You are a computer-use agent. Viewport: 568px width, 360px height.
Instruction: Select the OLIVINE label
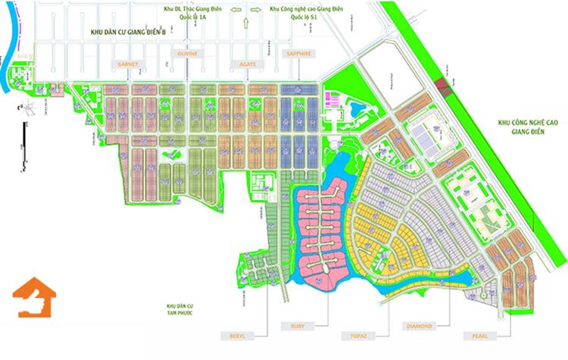(x=186, y=55)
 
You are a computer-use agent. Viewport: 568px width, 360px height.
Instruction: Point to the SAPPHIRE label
(x=298, y=55)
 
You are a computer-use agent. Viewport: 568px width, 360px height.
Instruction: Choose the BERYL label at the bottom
(x=234, y=335)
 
